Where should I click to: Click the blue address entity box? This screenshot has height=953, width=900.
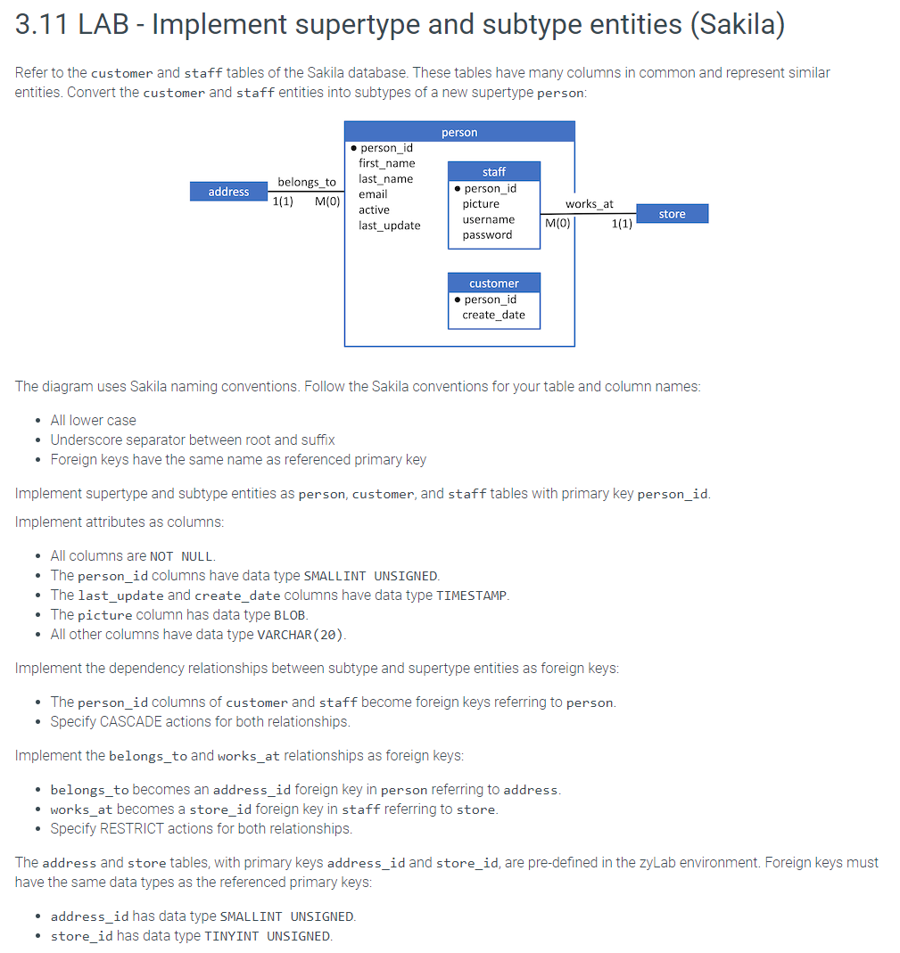tap(228, 192)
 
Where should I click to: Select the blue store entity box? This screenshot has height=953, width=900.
tap(672, 214)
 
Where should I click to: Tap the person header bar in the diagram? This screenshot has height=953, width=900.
tap(459, 132)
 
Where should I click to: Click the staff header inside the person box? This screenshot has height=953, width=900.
tap(493, 171)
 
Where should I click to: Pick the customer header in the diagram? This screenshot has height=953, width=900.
tap(493, 283)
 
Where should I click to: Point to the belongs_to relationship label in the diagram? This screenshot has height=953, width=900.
tap(307, 182)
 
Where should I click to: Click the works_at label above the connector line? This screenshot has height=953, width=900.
tap(590, 204)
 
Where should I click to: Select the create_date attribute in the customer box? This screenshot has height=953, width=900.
tap(493, 315)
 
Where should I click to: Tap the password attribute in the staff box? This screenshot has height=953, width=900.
tap(487, 235)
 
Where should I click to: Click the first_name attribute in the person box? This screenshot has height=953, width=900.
tap(386, 163)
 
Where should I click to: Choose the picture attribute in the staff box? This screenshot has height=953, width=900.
tap(481, 204)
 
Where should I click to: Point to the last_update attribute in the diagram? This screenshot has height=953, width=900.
tap(389, 226)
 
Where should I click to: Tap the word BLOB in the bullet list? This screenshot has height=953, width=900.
tap(289, 615)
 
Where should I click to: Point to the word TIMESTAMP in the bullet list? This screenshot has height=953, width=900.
tap(471, 596)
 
